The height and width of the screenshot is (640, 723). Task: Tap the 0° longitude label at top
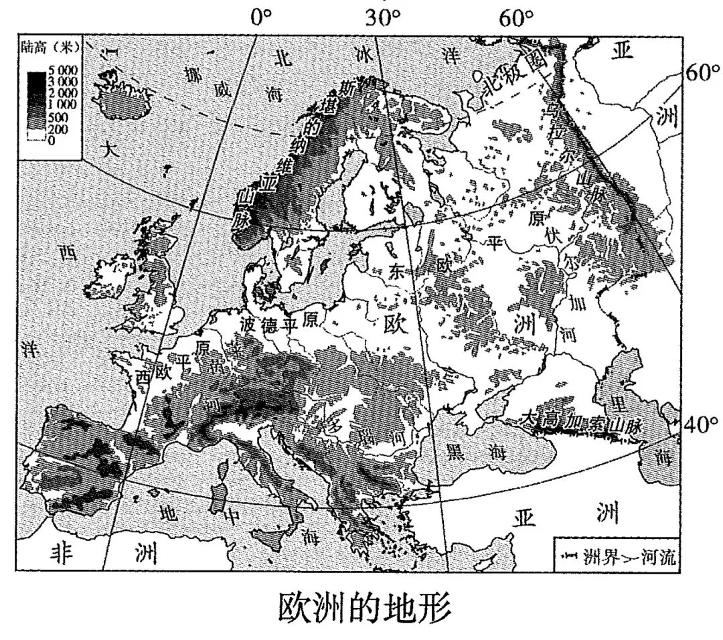pyautogui.click(x=261, y=19)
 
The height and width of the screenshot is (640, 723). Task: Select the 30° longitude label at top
pyautogui.click(x=383, y=19)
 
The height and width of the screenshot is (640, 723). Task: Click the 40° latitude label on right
pyautogui.click(x=701, y=423)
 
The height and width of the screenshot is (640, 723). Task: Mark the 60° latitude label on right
pyautogui.click(x=702, y=73)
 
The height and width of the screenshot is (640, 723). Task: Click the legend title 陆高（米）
pyautogui.click(x=50, y=48)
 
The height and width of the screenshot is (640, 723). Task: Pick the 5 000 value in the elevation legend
pyautogui.click(x=64, y=70)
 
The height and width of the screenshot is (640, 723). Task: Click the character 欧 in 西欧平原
pyautogui.click(x=164, y=372)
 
